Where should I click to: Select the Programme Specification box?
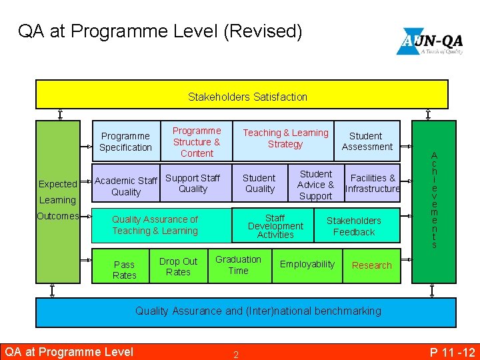126,141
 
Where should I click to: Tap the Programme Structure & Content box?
197,141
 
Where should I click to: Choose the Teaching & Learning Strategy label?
285,139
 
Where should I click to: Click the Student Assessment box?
367,141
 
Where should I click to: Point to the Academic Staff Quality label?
126,186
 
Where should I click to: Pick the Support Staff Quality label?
193,183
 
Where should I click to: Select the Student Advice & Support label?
315,185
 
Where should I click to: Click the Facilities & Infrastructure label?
373,183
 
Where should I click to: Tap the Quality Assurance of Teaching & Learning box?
155,225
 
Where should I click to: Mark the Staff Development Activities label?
275,226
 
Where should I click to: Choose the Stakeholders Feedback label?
354,226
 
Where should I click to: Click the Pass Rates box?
125,269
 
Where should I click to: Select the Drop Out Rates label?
178,267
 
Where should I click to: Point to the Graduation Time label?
238,265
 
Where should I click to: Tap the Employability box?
307,265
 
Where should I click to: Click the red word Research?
371,265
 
